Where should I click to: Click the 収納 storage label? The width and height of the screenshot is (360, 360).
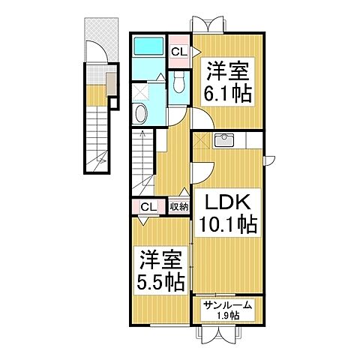178,207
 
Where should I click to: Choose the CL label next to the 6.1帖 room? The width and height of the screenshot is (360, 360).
178,52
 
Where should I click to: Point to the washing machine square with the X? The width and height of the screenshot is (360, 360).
141,91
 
